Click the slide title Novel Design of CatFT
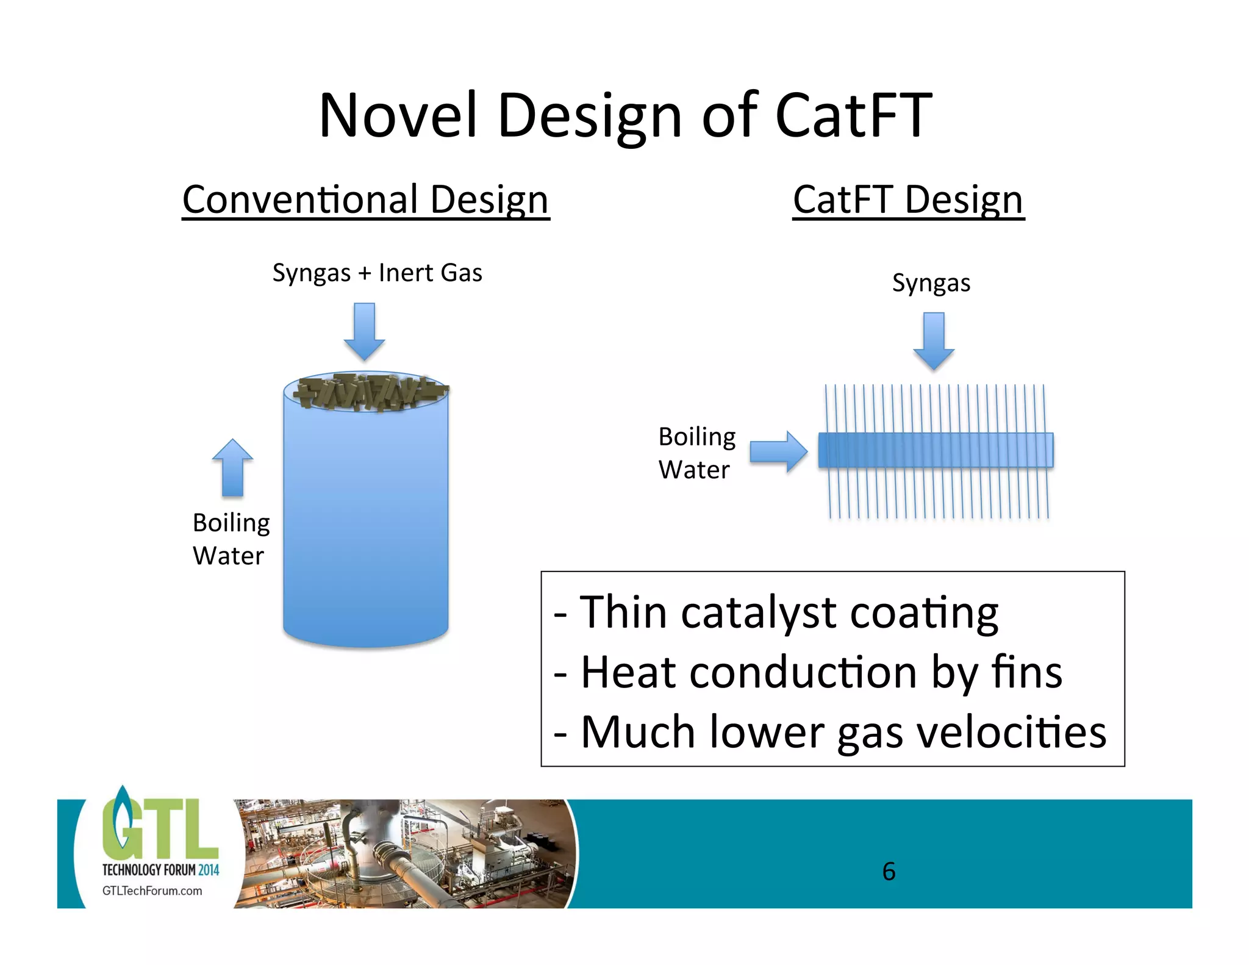click(625, 116)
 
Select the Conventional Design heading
click(366, 200)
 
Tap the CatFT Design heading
click(908, 200)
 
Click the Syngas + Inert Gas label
click(377, 273)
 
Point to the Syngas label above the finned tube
click(931, 283)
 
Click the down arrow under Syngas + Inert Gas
click(364, 331)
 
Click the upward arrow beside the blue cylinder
click(232, 467)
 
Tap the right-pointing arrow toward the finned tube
click(778, 452)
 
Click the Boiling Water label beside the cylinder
click(231, 539)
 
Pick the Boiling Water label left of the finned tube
click(696, 453)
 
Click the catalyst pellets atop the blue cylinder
click(369, 392)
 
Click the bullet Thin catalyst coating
click(776, 612)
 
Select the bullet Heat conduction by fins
click(808, 672)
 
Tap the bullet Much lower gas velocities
click(829, 732)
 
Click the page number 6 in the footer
click(889, 871)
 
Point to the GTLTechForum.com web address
click(152, 891)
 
